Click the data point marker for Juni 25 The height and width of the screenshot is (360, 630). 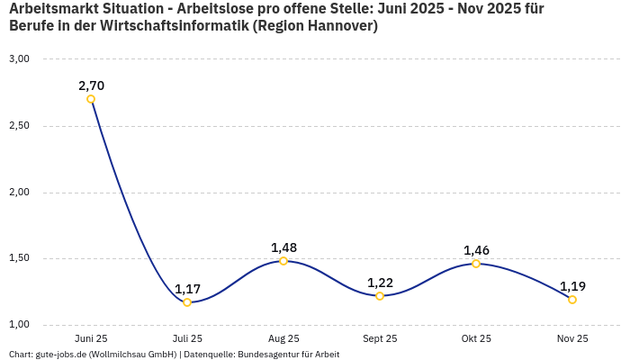[x=91, y=99]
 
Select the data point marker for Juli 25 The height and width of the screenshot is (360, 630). [x=187, y=302]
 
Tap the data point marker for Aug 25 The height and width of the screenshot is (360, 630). [x=283, y=261]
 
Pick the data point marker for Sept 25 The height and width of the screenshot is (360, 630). [x=380, y=296]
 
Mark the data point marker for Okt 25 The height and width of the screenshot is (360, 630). [x=476, y=264]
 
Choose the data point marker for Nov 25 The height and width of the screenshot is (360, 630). [x=572, y=300]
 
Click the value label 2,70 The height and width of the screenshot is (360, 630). [x=91, y=85]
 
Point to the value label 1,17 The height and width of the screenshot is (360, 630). [x=187, y=289]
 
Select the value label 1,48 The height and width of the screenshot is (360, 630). [x=283, y=247]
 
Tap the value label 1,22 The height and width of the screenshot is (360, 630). [x=380, y=283]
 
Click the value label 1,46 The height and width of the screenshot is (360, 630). [x=476, y=250]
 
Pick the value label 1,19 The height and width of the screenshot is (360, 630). [x=572, y=286]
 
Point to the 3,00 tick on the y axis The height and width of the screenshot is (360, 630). [x=19, y=59]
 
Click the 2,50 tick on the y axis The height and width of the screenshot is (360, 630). [x=19, y=126]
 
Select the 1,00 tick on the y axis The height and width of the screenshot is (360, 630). [x=19, y=325]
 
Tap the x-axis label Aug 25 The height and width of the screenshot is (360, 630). [x=283, y=339]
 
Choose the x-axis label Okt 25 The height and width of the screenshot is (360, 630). [x=476, y=339]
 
